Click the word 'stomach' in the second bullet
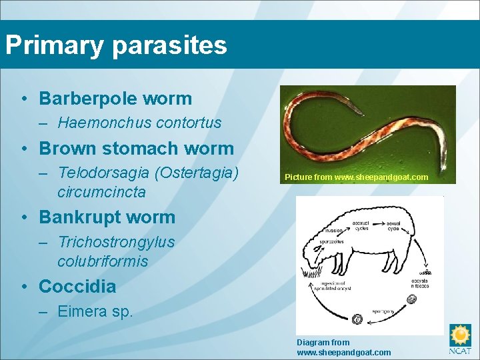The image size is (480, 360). pyautogui.click(x=146, y=148)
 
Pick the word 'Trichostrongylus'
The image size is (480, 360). pyautogui.click(x=116, y=242)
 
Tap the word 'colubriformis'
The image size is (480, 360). pyautogui.click(x=103, y=261)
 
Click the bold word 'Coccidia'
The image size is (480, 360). pyautogui.click(x=77, y=287)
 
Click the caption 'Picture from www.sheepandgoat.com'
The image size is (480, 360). pyautogui.click(x=356, y=178)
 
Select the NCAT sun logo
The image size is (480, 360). pyautogui.click(x=460, y=336)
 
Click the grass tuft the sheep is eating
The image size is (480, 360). pyautogui.click(x=310, y=272)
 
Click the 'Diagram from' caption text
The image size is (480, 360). pyautogui.click(x=323, y=343)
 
